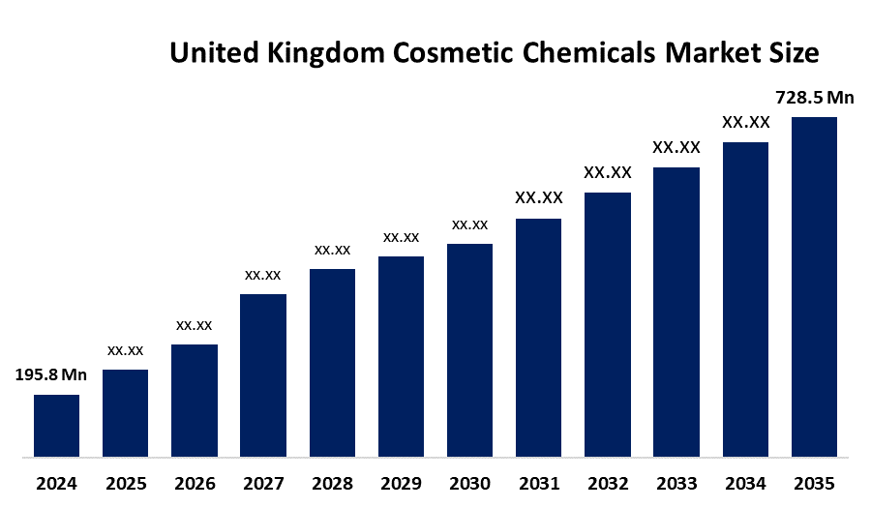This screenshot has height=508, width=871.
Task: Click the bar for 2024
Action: click(x=56, y=425)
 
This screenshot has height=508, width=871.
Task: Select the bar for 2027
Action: click(x=263, y=374)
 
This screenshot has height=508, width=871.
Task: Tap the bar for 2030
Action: click(x=469, y=349)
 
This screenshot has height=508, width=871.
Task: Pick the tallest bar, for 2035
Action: click(x=814, y=286)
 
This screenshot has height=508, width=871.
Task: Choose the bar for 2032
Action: click(x=608, y=324)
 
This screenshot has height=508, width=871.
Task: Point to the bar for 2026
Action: click(x=195, y=400)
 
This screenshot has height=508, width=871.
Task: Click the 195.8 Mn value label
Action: click(x=51, y=374)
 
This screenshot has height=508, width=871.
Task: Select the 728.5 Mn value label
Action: click(x=816, y=97)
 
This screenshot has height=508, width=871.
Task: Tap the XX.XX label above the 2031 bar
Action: click(x=539, y=198)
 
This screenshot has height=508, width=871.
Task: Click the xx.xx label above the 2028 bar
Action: click(x=332, y=250)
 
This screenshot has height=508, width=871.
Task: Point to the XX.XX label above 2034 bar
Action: click(x=746, y=122)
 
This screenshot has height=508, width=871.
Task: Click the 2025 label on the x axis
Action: click(x=126, y=482)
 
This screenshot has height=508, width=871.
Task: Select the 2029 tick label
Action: click(x=401, y=482)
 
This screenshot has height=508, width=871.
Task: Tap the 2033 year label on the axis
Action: click(x=676, y=482)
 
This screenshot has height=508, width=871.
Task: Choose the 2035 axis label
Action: click(x=814, y=482)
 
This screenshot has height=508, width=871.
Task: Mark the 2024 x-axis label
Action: click(x=56, y=482)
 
